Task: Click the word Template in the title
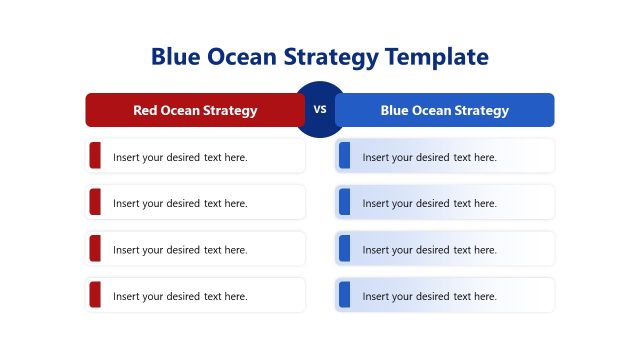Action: tap(437, 57)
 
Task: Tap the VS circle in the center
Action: tap(320, 110)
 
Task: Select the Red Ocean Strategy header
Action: tap(195, 110)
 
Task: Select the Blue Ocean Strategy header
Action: tap(444, 110)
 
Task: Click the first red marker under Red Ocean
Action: tap(95, 156)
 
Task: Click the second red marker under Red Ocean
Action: tap(95, 202)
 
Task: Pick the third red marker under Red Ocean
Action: tap(95, 249)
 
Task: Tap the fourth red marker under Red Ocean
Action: tap(95, 295)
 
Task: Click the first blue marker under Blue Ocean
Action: tap(344, 156)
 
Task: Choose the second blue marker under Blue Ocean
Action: tap(344, 202)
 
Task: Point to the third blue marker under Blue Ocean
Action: tap(344, 249)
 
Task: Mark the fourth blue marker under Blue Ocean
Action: tap(344, 295)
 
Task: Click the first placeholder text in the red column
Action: tap(180, 157)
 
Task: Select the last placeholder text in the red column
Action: tap(180, 296)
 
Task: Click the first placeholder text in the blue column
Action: tap(429, 157)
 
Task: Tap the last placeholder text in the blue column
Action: tap(429, 296)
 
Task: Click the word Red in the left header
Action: tap(145, 110)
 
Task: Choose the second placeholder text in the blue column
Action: tap(429, 203)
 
